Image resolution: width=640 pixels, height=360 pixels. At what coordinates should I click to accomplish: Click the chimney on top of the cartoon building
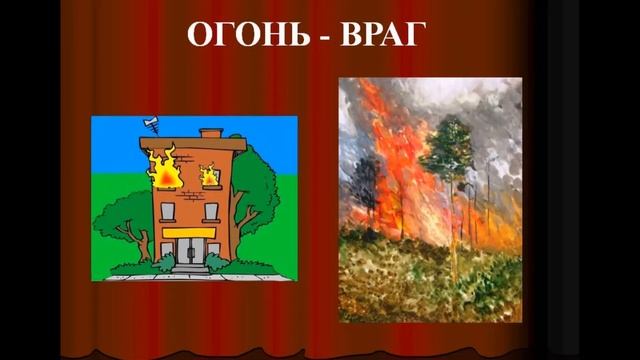pos(210,133)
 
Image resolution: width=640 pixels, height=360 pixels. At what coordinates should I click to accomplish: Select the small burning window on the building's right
pos(210,175)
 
